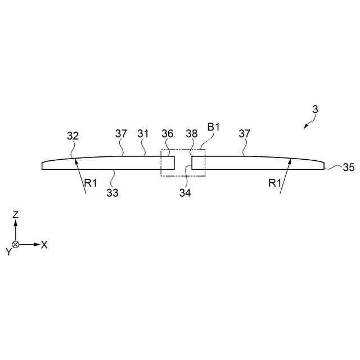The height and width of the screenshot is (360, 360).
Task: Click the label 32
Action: tap(73, 136)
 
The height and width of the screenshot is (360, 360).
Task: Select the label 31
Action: tap(143, 134)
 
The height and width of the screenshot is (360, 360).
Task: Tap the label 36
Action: tap(167, 134)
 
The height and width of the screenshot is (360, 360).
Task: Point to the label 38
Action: tap(192, 134)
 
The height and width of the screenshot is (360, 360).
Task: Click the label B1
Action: tap(213, 127)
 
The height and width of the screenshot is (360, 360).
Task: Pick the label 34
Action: tap(186, 193)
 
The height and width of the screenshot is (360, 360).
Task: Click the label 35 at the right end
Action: tap(349, 167)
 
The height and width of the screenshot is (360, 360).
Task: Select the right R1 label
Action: tap(274, 183)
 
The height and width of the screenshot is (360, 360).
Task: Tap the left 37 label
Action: tap(121, 134)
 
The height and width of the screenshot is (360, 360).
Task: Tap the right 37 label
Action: tap(244, 134)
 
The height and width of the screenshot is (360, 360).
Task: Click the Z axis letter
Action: tap(16, 214)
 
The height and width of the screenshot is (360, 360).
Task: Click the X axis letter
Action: tap(44, 245)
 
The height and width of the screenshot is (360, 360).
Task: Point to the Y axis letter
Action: tap(8, 252)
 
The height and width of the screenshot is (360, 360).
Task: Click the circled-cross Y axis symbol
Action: tap(16, 244)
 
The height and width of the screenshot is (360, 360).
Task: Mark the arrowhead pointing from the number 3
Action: tap(305, 127)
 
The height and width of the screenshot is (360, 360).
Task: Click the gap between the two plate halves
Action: tap(183, 163)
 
